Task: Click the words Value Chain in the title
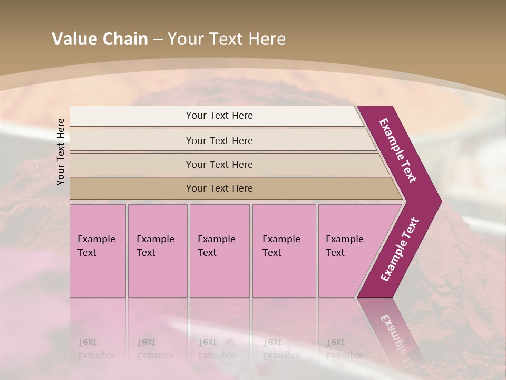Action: (x=100, y=39)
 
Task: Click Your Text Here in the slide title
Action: (x=227, y=39)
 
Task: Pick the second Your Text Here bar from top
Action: (x=219, y=140)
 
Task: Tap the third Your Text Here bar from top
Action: (x=219, y=164)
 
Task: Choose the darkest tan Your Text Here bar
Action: (x=219, y=188)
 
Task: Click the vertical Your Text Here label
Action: (x=61, y=151)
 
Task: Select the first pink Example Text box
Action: (x=98, y=251)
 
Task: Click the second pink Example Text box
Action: (x=157, y=251)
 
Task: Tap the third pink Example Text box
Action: (x=219, y=251)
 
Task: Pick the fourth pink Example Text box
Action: (x=284, y=251)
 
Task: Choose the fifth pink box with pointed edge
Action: (x=348, y=251)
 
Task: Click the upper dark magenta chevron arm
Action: (x=398, y=150)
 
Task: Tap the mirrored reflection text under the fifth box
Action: (x=344, y=349)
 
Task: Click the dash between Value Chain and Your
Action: (x=158, y=40)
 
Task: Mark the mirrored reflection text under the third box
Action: (x=216, y=349)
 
